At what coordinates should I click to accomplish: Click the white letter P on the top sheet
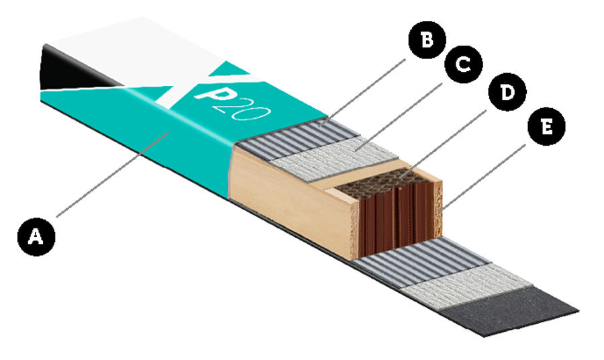(x=207, y=94)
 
